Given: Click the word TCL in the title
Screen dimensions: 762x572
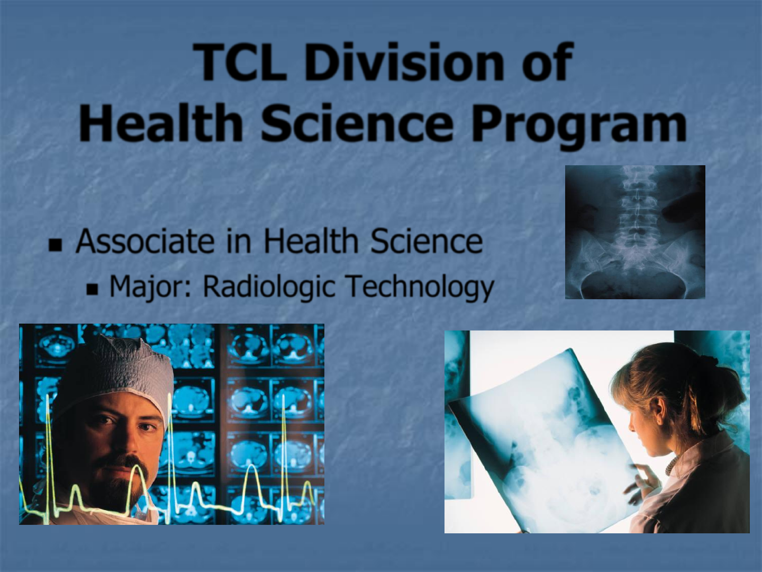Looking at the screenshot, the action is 240,62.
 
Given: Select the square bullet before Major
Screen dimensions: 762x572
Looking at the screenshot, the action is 93,289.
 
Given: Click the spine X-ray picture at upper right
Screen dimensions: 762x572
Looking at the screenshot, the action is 635,232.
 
